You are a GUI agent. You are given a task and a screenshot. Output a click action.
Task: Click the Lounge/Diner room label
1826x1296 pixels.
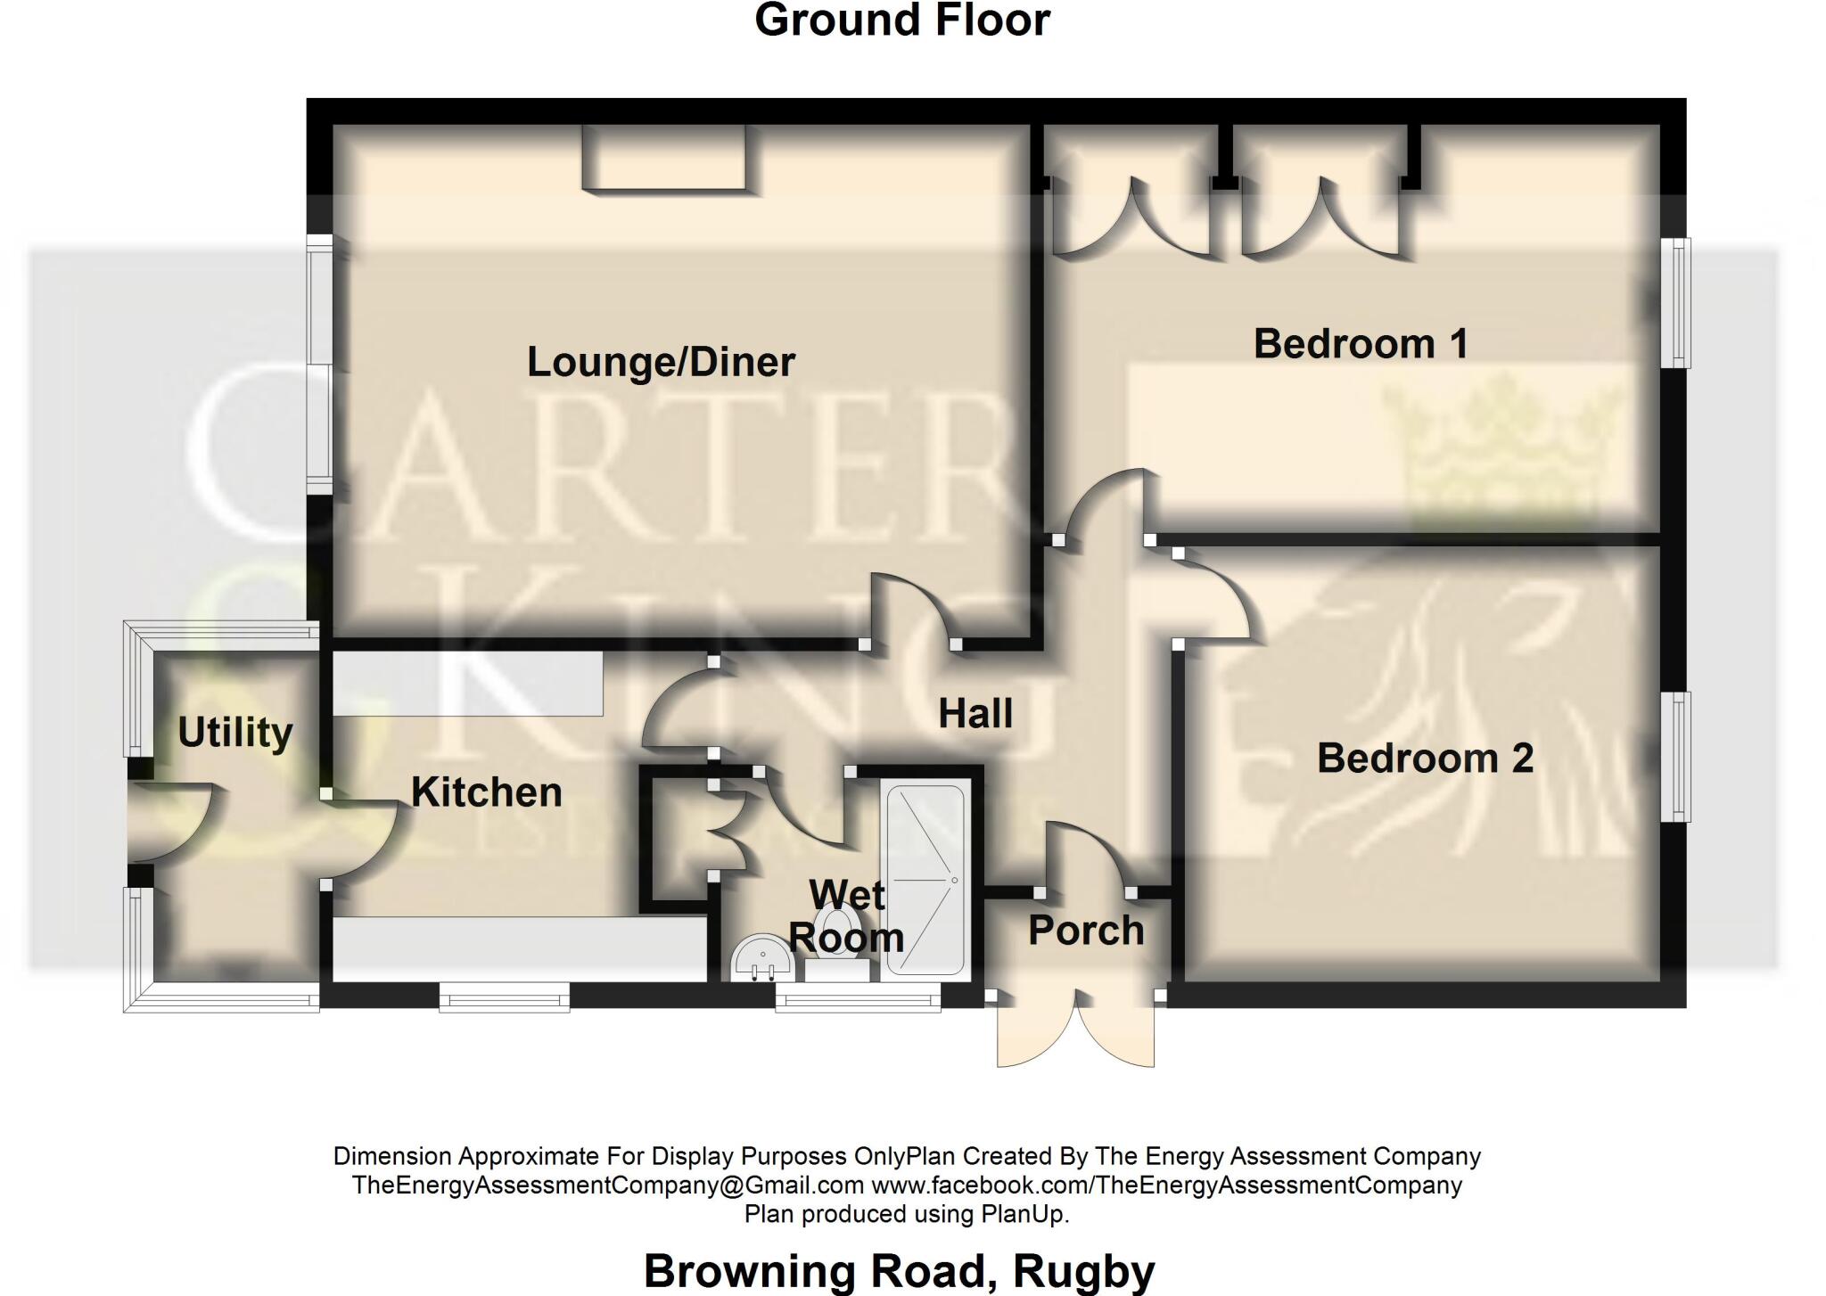(661, 362)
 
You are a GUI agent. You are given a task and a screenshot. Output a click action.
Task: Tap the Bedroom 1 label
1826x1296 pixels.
(1361, 344)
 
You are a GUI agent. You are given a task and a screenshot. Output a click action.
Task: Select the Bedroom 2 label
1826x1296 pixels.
(1425, 759)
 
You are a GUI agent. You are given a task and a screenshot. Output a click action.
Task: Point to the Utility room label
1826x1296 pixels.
(235, 733)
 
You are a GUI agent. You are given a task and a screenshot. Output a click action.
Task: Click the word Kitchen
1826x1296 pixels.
(487, 792)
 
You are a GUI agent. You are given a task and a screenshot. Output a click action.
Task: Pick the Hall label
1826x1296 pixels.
(975, 714)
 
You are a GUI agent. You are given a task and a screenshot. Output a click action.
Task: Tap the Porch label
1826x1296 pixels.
(1086, 931)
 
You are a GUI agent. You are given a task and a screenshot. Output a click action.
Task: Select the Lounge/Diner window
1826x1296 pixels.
(318, 364)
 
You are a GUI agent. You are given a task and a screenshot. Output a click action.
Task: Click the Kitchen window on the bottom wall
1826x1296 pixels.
(504, 997)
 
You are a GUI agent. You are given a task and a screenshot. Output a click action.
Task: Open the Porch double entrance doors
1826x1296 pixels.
(1076, 1029)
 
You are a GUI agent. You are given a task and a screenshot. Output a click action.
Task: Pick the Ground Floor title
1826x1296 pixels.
(902, 21)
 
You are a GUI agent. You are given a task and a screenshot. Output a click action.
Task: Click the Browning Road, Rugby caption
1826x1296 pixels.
(899, 1270)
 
